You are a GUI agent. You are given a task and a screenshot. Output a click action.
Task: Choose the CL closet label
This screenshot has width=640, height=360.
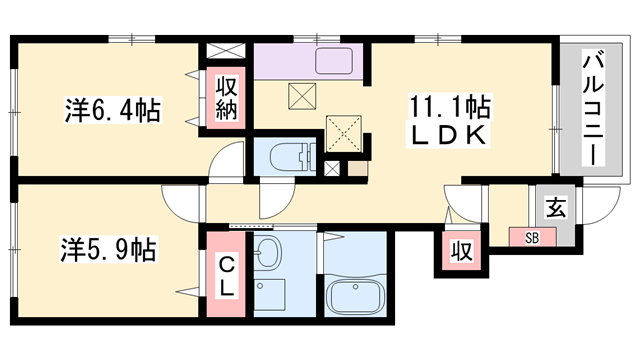(x=226, y=275)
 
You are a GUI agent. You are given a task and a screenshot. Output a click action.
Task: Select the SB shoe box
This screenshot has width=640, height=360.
(x=532, y=238)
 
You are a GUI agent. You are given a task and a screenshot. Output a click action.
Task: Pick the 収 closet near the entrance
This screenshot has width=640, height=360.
(x=459, y=251)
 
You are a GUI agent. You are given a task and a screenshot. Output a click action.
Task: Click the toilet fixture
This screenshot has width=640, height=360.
(x=290, y=157)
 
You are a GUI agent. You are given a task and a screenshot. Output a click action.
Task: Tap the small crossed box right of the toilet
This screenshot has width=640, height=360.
(x=332, y=167)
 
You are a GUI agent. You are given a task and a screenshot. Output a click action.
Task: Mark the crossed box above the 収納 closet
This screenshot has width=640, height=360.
(x=224, y=50)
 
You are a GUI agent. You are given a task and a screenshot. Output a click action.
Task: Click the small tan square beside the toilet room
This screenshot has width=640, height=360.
(x=355, y=167)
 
